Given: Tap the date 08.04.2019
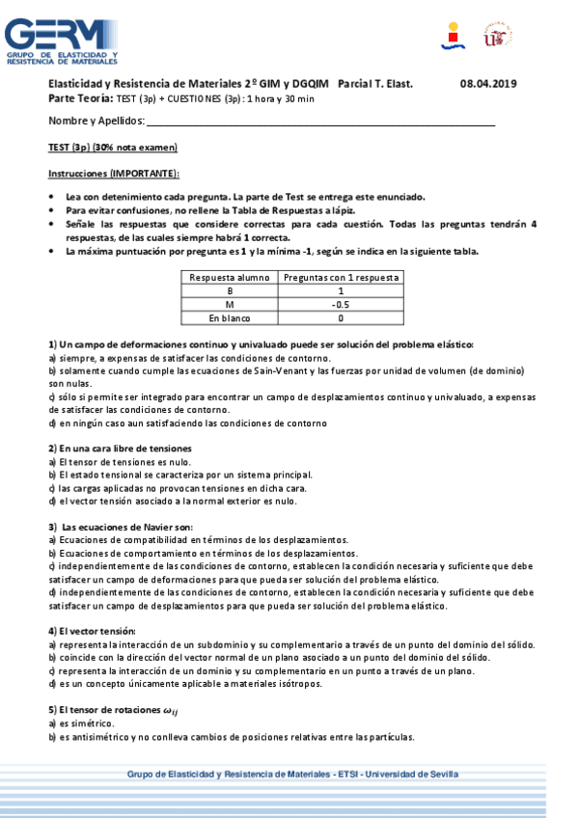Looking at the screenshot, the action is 488,84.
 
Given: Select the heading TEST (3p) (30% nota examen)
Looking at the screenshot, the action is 113,148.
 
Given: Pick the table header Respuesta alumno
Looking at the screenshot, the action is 230,277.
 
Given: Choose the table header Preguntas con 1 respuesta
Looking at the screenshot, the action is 341,277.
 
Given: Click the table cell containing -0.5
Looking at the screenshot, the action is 341,304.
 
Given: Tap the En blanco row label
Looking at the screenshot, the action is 230,317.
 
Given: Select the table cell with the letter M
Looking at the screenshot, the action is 230,304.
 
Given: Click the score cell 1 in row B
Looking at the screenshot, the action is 341,290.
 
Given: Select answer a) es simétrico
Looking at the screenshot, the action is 81,723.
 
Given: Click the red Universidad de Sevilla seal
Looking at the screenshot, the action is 498,38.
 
